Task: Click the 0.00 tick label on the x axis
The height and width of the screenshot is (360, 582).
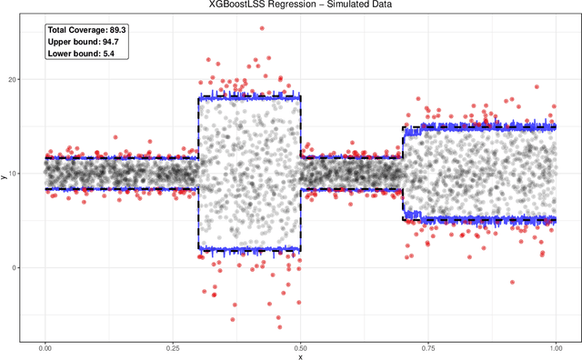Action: (45, 347)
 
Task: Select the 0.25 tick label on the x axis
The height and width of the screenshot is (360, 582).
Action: (173, 347)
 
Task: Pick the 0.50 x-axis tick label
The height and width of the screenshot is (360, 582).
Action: (300, 347)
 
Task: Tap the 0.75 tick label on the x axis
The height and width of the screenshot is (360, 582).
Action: (427, 347)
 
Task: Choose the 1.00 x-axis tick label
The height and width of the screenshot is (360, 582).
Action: (555, 347)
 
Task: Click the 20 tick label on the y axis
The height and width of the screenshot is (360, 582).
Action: (13, 79)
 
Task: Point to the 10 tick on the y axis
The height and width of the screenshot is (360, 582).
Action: (13, 174)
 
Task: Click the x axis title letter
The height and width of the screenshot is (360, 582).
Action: (300, 356)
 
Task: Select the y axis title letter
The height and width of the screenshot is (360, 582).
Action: (5, 177)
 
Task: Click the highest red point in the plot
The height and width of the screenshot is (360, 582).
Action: (262, 28)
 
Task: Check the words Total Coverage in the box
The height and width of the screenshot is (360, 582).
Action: (77, 30)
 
